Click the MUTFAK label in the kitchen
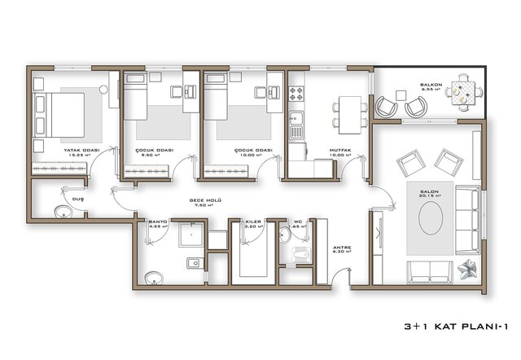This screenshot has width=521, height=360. pos(340,151)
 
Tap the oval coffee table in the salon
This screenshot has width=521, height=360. pos(431,218)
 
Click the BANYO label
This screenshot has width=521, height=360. pos(157,220)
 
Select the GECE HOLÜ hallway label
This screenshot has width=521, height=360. pos(207,200)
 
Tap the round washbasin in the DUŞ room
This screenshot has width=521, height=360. pos(63,213)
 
